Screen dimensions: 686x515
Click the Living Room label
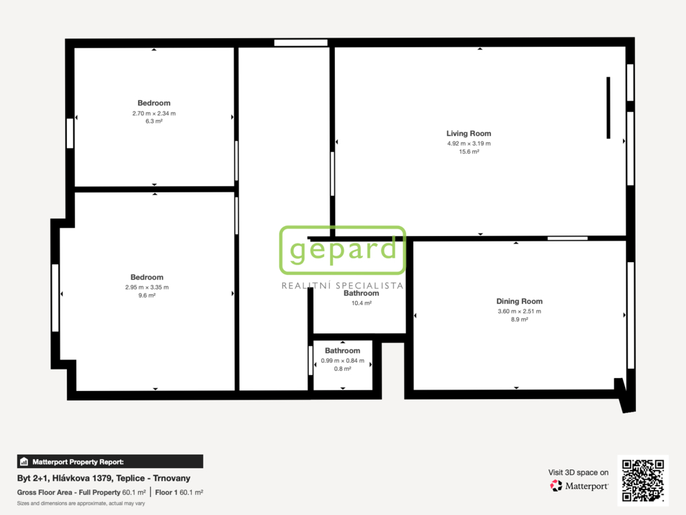pos(468,133)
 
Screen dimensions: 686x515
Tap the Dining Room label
pos(519,301)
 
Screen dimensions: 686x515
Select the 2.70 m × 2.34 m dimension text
pos(154,113)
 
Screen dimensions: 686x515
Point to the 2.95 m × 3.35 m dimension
pos(147,288)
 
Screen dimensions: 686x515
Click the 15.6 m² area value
pos(469,152)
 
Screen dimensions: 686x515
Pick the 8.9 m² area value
pos(519,320)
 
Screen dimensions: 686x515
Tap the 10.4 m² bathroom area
pos(361,303)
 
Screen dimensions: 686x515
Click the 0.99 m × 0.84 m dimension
pos(342,361)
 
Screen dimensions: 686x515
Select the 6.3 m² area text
pos(154,121)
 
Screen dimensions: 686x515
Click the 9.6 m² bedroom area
pos(147,296)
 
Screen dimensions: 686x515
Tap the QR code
pos(642,480)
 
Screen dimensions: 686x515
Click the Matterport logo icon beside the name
pos(556,485)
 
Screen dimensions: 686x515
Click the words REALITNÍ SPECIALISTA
pos(342,286)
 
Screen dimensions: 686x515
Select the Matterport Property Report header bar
pos(110,461)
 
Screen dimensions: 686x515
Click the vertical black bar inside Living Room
pos(608,108)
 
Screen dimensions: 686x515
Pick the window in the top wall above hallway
pos(301,43)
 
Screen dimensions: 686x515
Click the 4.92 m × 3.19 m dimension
pos(469,144)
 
